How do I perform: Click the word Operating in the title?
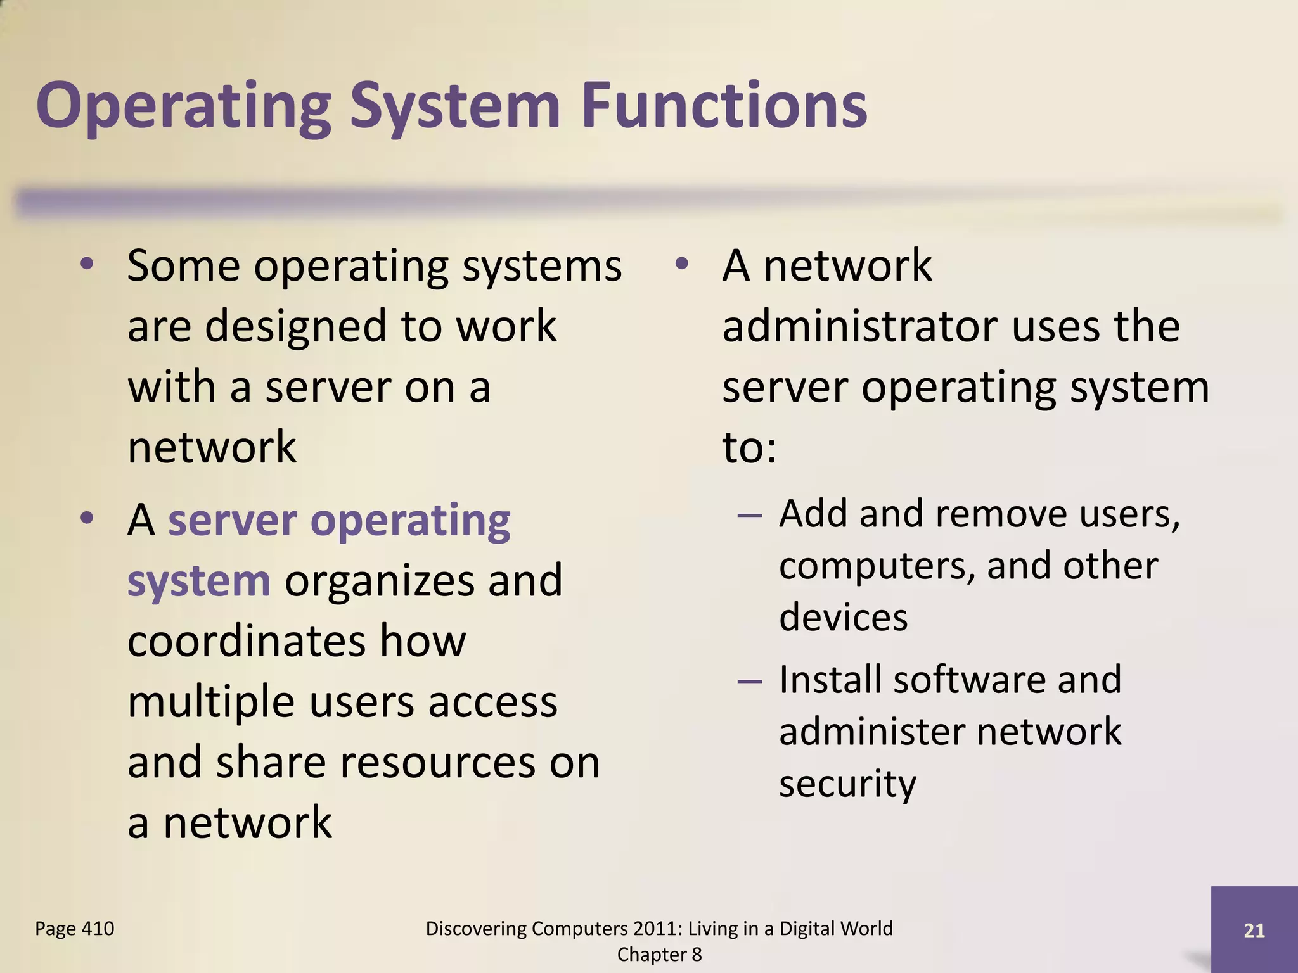(x=184, y=106)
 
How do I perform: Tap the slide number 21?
(x=1254, y=931)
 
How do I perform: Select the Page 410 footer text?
(x=75, y=929)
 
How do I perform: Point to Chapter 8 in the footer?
(x=659, y=955)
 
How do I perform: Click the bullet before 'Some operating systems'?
(x=87, y=265)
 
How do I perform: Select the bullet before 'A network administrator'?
(x=681, y=265)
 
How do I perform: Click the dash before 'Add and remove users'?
(x=750, y=515)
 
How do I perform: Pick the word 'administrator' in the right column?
(x=859, y=326)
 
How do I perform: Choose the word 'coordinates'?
(x=246, y=641)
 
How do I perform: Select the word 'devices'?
(x=843, y=618)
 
